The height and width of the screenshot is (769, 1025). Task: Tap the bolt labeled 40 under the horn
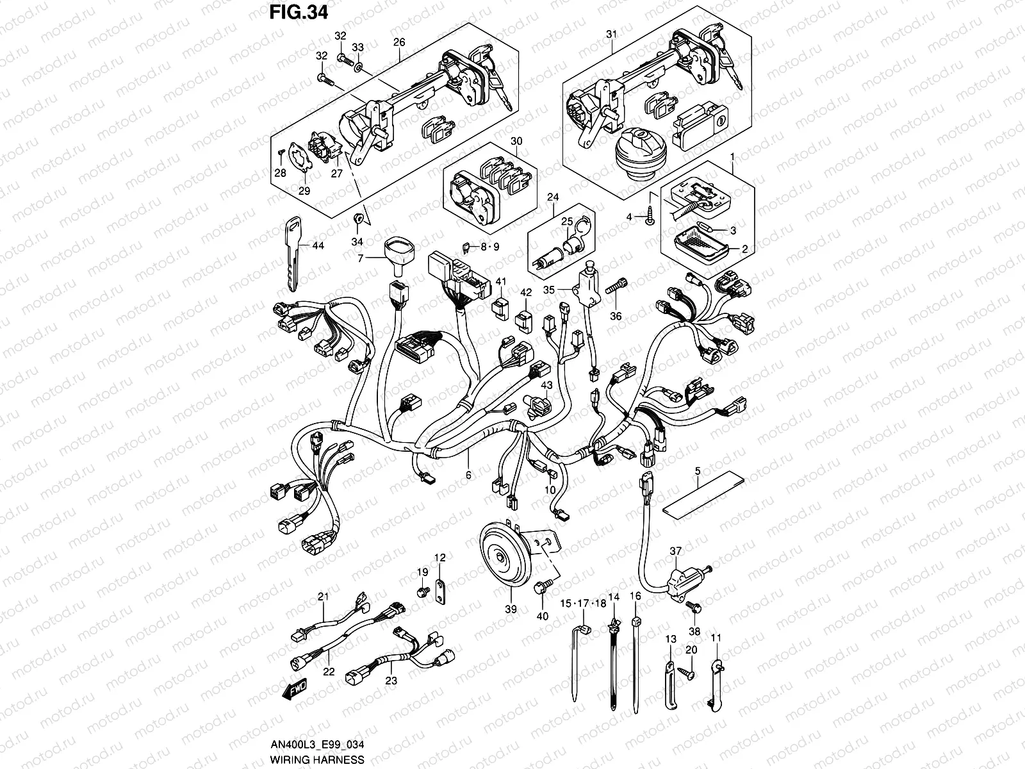coord(541,584)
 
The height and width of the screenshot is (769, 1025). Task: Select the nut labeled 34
coord(359,219)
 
